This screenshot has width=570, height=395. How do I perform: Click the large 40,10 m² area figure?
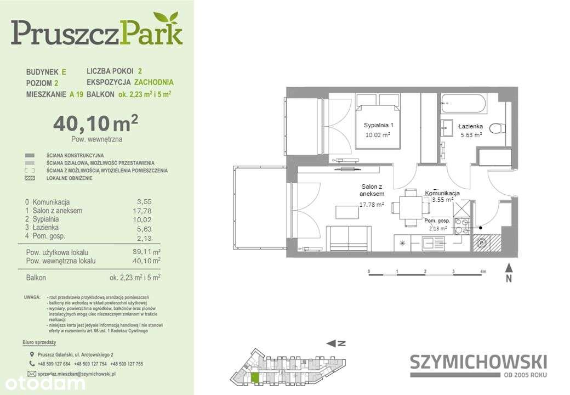[95, 123]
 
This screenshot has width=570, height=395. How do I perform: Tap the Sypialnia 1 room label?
[379, 126]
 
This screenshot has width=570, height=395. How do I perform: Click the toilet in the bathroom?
[497, 128]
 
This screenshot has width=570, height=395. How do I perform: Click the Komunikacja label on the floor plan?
[442, 194]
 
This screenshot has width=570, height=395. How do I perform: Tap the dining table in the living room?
[410, 207]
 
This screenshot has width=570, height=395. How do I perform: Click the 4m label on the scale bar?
[482, 272]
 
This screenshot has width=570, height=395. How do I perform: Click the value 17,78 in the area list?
[141, 211]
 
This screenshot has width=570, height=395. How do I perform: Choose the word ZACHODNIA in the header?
[154, 82]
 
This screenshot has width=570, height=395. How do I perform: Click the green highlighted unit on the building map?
[255, 378]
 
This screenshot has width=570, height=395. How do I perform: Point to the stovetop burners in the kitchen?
[461, 227]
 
